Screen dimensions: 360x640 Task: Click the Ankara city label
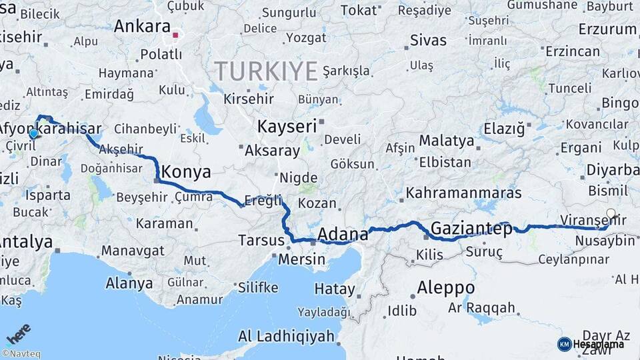[x=141, y=26]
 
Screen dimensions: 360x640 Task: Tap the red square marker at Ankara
[x=175, y=35]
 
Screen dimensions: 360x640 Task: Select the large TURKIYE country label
[x=265, y=70]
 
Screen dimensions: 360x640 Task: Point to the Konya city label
[x=187, y=171]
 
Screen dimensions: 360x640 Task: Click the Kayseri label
[x=287, y=126]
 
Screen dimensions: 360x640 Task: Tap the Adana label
[x=343, y=234]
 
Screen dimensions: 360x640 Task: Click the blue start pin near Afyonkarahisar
[x=33, y=134]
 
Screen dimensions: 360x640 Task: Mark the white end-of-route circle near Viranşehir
[x=611, y=215]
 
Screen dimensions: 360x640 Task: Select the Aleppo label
[x=445, y=288]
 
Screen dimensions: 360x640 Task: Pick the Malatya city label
[x=447, y=141]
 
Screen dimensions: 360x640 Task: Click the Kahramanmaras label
[x=463, y=193]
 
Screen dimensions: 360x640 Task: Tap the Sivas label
[x=428, y=39]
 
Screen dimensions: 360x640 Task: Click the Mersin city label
[x=301, y=259]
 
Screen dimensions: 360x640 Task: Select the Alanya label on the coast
[x=129, y=283]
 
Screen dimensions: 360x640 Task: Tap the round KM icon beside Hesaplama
[x=564, y=344]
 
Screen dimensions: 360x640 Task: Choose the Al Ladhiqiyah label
[x=286, y=335]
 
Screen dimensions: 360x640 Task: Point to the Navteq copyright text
[x=21, y=354]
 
